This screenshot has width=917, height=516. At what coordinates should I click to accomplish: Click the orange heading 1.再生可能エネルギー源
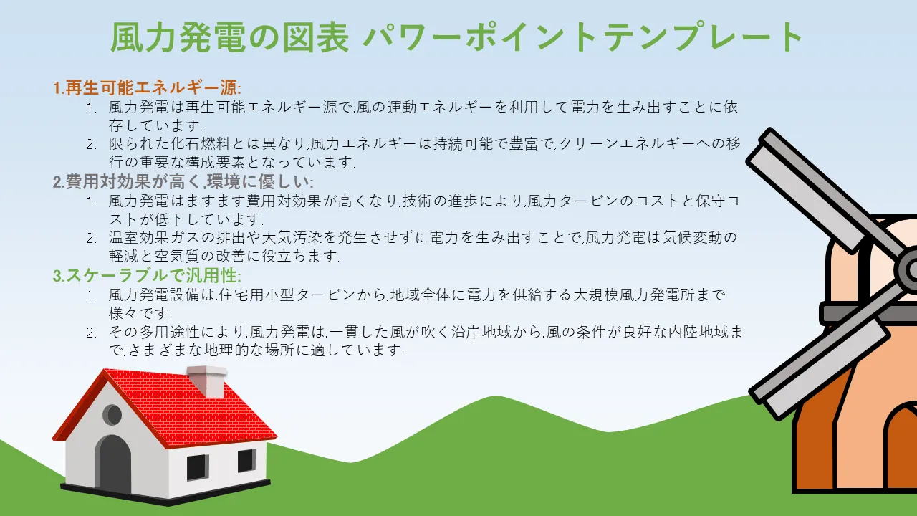pos(148,87)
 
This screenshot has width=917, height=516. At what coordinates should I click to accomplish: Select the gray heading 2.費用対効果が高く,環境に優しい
pos(183,181)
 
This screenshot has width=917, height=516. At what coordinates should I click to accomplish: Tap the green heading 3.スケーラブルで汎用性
pos(147,275)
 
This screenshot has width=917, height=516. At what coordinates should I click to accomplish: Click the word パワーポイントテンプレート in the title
pos(582,37)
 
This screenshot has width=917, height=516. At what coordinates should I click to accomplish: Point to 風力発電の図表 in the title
pos(230,37)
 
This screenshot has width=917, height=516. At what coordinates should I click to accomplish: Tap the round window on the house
pos(112,415)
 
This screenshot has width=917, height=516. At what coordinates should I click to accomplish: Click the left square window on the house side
pos(198,467)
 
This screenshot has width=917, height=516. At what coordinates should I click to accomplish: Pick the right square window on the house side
pos(247,460)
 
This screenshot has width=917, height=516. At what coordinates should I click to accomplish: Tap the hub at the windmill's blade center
pos(910,269)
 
